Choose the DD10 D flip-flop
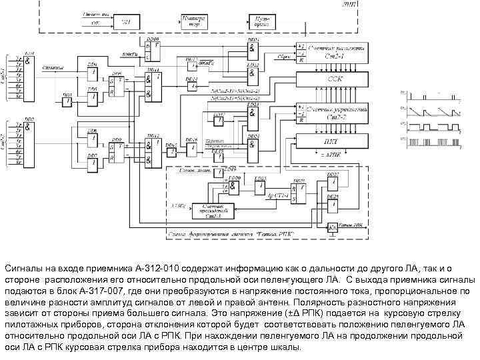pos(155,47)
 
